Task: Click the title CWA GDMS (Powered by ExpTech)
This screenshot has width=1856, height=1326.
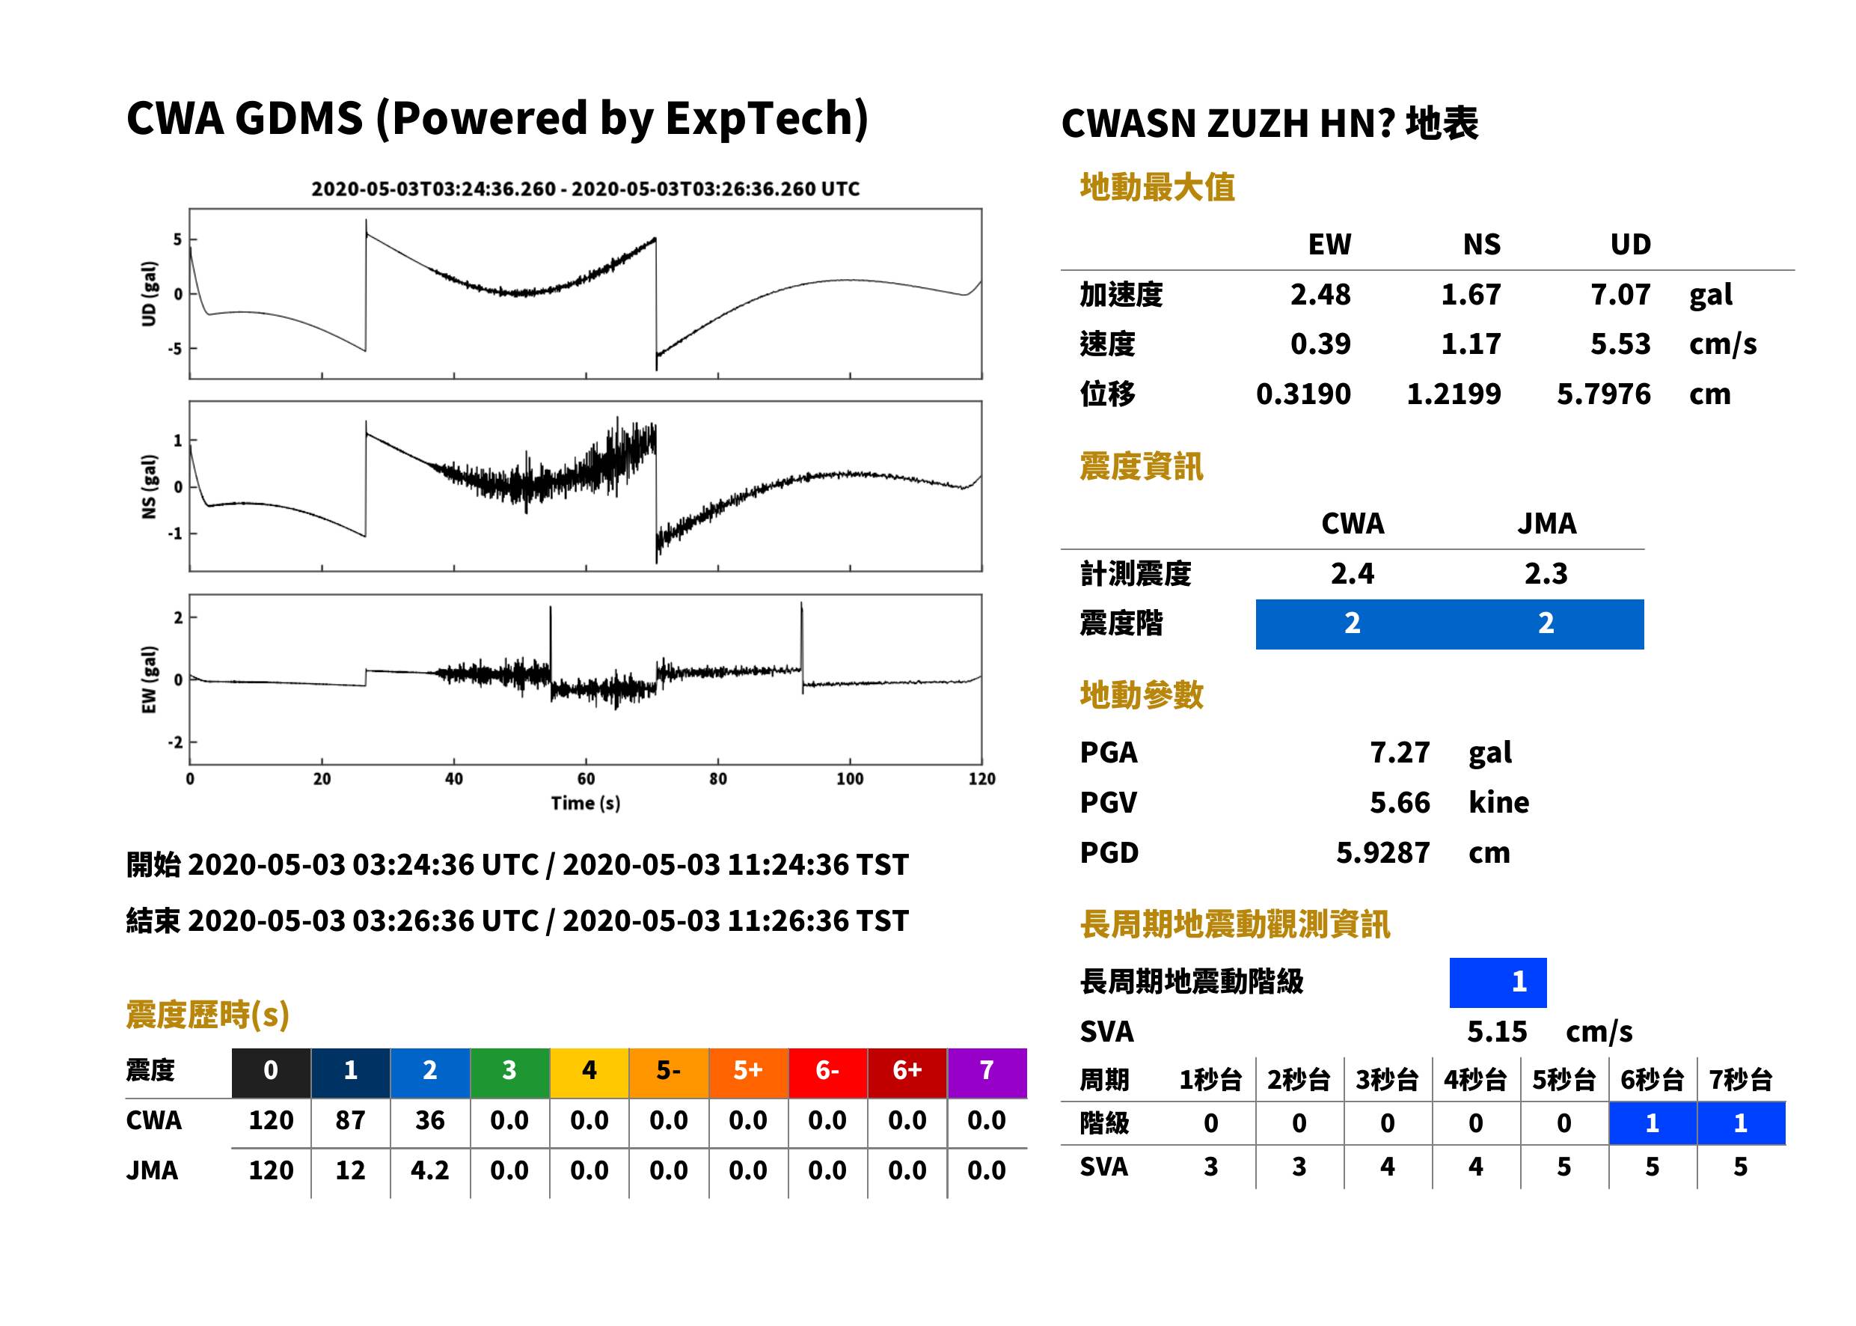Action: click(497, 119)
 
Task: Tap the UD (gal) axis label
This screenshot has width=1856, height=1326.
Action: click(149, 294)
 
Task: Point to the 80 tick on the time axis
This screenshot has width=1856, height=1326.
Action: click(717, 779)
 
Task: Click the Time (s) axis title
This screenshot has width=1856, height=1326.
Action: click(585, 804)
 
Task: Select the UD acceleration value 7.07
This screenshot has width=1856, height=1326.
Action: click(1620, 294)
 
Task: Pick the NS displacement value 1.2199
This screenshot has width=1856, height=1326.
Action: click(1454, 394)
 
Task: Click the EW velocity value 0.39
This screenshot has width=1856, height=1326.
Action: click(1320, 343)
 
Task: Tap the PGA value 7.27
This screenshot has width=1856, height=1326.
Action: click(1400, 752)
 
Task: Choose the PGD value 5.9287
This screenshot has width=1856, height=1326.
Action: click(1382, 852)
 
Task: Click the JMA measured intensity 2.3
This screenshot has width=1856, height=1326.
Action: click(1546, 573)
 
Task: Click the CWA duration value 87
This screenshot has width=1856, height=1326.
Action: click(350, 1120)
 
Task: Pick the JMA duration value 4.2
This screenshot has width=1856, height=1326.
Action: click(429, 1170)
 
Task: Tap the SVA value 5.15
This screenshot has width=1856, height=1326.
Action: click(1496, 1031)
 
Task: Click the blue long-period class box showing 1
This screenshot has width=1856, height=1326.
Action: click(1498, 983)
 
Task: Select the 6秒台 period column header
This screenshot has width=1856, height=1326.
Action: click(1652, 1079)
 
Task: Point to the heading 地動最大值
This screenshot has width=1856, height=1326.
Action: click(1157, 187)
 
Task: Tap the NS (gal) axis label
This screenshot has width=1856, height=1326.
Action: click(149, 486)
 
